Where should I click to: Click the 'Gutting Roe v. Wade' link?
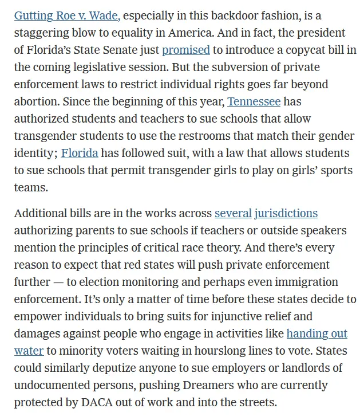click(66, 15)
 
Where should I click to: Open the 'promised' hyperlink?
click(186, 50)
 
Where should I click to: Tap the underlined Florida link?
click(80, 154)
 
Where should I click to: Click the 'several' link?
click(233, 214)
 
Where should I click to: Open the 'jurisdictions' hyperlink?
click(286, 214)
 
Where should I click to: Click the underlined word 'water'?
click(29, 351)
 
